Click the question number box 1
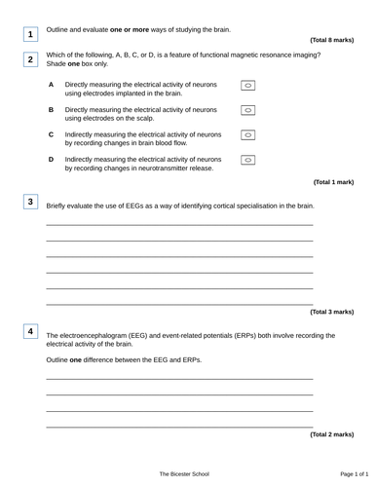point(30,36)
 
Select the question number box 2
point(30,60)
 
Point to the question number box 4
point(30,332)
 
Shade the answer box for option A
point(247,89)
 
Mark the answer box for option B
point(247,111)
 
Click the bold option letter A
point(51,86)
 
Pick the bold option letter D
point(51,157)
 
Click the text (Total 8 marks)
point(331,40)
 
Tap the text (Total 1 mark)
point(333,182)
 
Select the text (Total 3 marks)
point(331,312)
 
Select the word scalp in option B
point(145,117)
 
